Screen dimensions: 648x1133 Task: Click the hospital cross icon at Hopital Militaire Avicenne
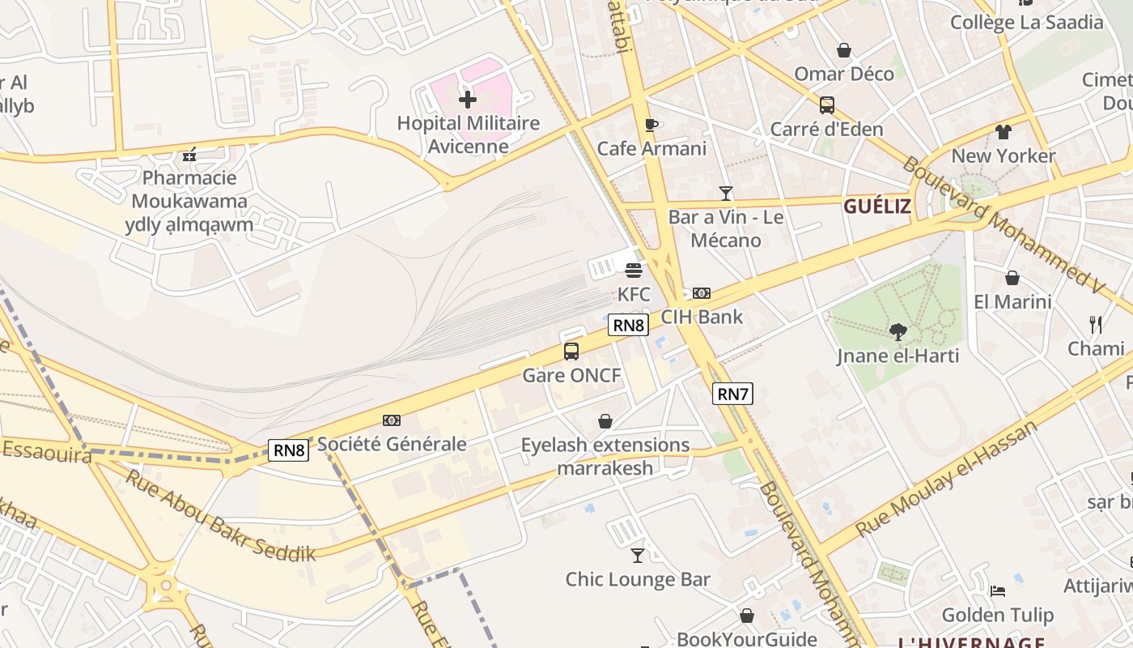468,100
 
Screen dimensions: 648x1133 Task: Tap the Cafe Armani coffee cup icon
651,125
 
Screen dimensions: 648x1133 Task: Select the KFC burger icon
634,270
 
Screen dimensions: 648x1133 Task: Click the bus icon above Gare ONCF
571,352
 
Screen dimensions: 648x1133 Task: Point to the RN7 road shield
732,394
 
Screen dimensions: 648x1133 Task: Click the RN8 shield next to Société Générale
289,450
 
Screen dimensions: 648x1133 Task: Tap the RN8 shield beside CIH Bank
628,326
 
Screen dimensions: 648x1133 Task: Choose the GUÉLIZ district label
877,207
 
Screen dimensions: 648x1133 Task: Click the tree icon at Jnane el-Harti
897,331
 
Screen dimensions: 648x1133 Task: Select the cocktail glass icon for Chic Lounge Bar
638,555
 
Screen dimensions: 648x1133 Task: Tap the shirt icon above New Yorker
1004,132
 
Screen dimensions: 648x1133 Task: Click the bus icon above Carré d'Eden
826,104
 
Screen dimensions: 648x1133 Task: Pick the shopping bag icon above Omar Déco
844,50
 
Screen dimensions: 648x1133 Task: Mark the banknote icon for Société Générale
392,420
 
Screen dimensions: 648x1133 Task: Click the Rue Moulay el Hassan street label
946,478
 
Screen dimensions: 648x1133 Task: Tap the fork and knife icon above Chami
1096,325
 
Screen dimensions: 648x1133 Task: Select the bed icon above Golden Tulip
998,591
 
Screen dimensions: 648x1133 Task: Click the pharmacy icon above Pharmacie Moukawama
190,154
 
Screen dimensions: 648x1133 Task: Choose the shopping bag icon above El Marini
1012,278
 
